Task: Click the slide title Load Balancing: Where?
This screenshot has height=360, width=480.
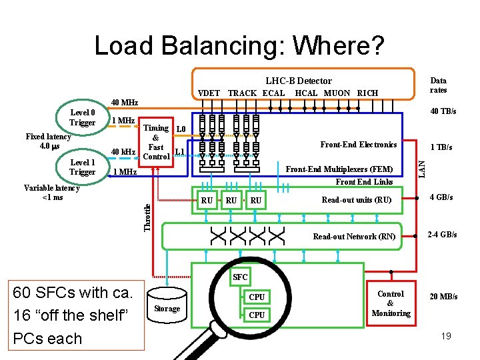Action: (x=239, y=45)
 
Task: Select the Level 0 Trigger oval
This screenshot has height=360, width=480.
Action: (x=83, y=117)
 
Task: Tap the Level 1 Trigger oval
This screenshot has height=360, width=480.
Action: (x=83, y=167)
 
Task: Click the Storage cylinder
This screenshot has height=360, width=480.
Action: (x=167, y=307)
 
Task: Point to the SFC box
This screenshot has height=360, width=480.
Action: (x=240, y=277)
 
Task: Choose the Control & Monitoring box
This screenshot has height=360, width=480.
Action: (x=391, y=303)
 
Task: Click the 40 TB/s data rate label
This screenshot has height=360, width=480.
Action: (x=443, y=111)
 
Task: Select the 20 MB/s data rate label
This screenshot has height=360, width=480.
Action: (x=443, y=297)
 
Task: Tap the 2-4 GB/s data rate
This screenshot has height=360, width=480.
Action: (x=443, y=235)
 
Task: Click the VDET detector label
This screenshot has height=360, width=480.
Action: (x=209, y=93)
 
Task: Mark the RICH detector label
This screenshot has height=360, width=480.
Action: (x=367, y=93)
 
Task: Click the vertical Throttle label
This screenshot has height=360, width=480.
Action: (x=147, y=217)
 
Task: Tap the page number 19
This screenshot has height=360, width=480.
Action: (x=446, y=336)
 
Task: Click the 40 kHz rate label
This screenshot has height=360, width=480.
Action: (x=124, y=151)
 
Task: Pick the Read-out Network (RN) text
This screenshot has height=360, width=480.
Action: (x=354, y=237)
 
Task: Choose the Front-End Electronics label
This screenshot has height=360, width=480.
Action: (x=359, y=145)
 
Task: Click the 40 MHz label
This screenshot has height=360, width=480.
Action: (x=124, y=103)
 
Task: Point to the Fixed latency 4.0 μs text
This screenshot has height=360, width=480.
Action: (x=48, y=141)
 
